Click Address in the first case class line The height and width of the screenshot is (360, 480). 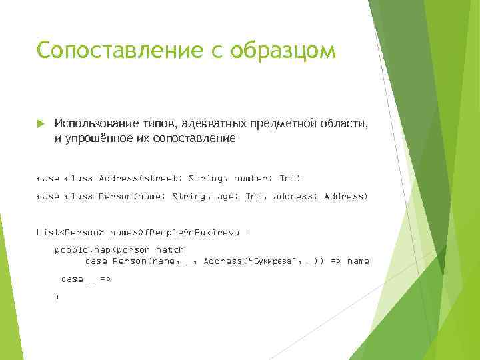[118, 178]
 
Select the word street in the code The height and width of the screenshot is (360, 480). [161, 178]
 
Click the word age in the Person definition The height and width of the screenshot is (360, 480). [227, 197]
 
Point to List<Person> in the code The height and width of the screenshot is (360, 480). [71, 232]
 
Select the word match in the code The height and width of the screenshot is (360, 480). [169, 250]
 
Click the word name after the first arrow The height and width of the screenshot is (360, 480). [358, 261]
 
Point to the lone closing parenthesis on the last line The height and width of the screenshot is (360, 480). [57, 297]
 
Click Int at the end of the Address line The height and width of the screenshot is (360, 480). [289, 178]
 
